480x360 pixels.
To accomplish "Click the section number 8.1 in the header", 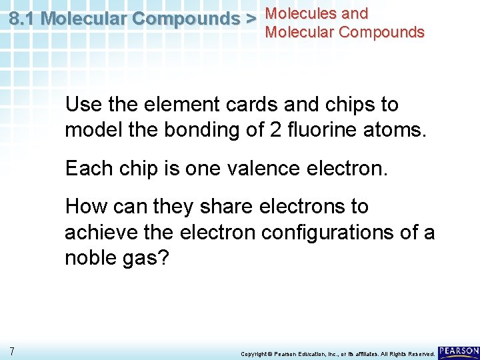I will click(23, 19).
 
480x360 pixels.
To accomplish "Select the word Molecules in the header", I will click(296, 13).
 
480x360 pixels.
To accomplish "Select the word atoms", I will click(392, 130).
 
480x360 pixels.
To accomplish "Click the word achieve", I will click(99, 233).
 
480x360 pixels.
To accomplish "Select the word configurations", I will click(342, 233).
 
